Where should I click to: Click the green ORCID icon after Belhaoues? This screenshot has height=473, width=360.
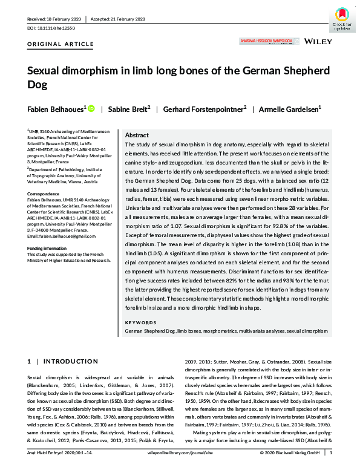coord(91,109)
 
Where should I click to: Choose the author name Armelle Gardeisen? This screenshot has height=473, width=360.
coord(290,109)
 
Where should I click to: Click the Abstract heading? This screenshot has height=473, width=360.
coord(136,136)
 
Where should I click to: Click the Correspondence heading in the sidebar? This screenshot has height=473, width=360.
coord(44,194)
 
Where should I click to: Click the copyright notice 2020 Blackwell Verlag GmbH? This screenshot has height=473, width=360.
coord(290,468)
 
